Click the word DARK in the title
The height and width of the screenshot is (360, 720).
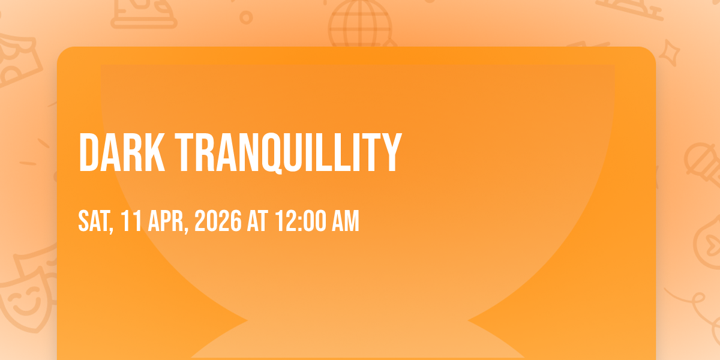pos(122,152)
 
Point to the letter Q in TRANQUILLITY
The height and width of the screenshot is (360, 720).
pos(272,154)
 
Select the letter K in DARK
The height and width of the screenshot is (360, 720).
pos(155,152)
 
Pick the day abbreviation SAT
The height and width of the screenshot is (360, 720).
pos(96,221)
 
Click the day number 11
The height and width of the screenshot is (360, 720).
pos(131,221)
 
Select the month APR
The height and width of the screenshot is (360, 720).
pos(168,221)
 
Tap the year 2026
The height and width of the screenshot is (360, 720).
pos(218,221)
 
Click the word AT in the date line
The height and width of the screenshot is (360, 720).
pos(257,221)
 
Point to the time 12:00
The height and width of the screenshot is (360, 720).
pos(300,221)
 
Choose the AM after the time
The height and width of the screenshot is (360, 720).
pos(345,221)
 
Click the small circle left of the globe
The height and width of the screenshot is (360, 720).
pos(246,17)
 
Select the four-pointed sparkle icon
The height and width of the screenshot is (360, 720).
pos(670,53)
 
